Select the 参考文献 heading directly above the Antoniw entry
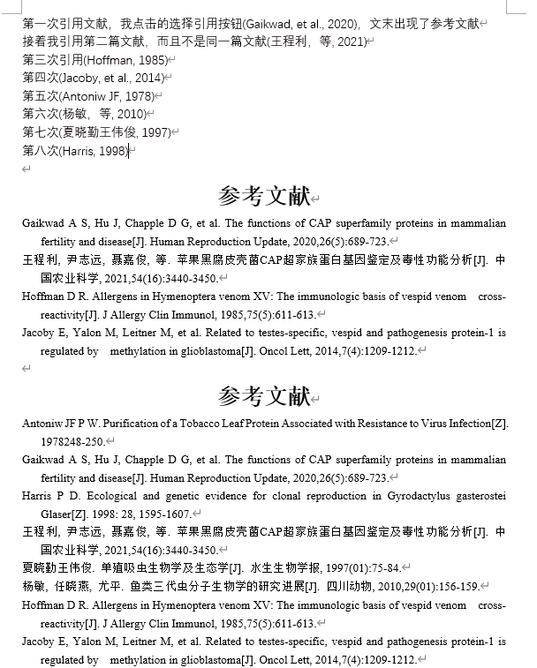[264, 396]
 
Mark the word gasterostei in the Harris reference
[479, 496]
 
